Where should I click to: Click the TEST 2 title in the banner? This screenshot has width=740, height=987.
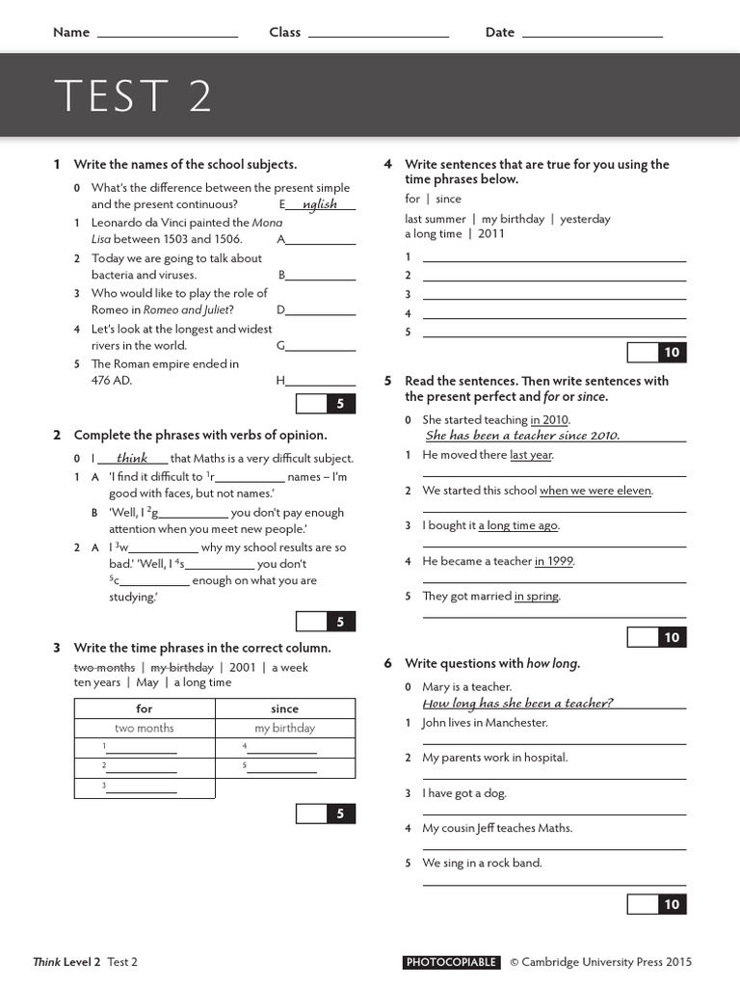coord(133,96)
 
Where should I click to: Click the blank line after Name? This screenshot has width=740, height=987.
coord(168,35)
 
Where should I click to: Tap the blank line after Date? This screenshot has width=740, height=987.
coord(592,35)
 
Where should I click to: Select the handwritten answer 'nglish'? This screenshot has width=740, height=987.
coord(320,204)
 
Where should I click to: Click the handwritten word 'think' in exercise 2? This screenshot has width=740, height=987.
coord(132,459)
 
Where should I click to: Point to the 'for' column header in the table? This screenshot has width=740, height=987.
coord(145,708)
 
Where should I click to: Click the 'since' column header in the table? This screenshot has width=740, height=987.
coord(285,708)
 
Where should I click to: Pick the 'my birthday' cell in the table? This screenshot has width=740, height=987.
coord(285,729)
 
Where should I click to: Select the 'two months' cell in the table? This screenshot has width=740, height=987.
coord(145,729)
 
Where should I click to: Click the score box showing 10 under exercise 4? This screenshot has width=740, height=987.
coord(672,353)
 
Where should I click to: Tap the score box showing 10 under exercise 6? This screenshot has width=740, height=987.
coord(672,904)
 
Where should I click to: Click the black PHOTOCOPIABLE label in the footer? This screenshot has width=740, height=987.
coord(452,962)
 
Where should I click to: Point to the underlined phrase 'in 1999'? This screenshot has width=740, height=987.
coord(554,561)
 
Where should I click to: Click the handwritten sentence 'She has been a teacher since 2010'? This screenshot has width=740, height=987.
coord(522,436)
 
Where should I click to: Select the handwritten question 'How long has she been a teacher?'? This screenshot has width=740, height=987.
coord(518,704)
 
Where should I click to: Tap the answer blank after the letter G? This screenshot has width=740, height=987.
coord(322,346)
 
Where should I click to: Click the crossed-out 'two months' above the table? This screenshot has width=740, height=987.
coord(104,667)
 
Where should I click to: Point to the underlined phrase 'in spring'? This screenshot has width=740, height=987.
coord(537,597)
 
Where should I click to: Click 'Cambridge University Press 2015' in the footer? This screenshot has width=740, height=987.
coord(607,962)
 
